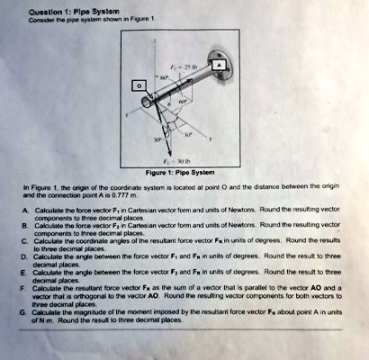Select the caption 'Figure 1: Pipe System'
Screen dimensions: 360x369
point(184,173)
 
